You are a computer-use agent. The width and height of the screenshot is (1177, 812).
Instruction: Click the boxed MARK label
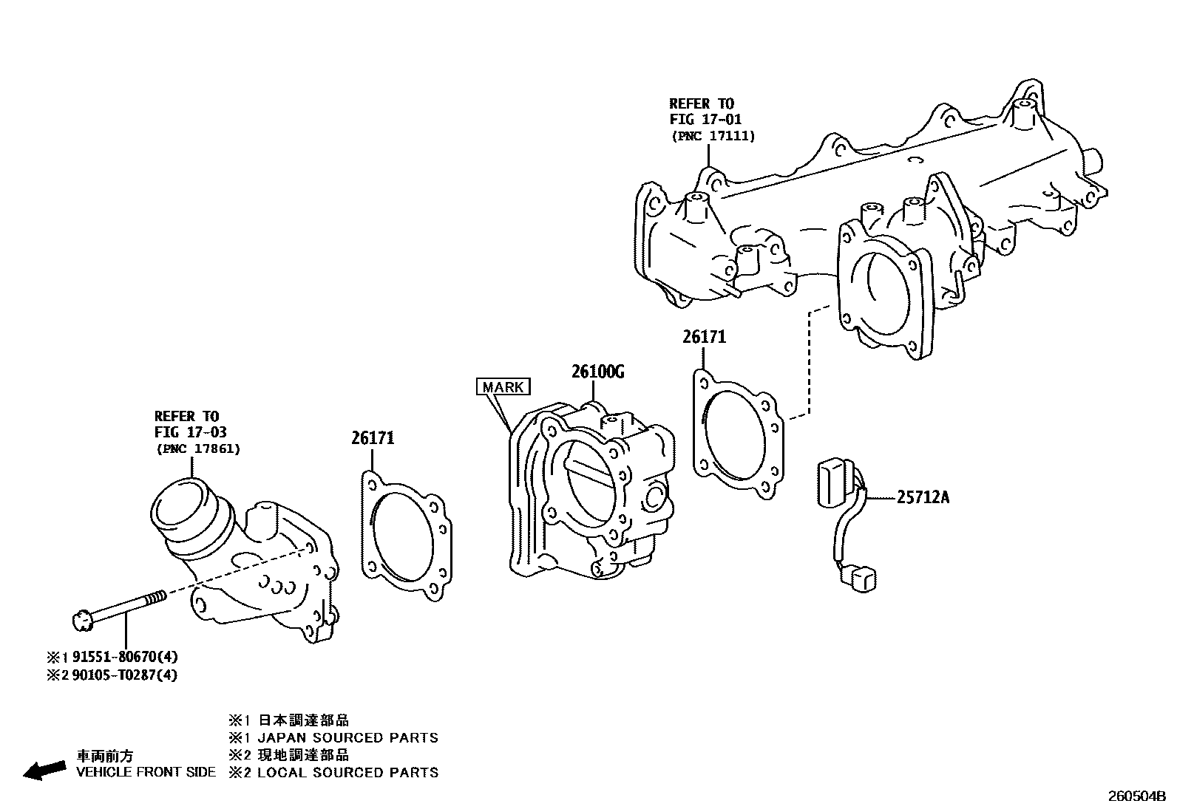tap(503, 387)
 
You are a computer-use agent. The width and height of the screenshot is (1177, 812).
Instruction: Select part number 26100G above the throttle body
tap(597, 372)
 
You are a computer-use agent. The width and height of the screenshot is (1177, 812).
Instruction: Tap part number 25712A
tap(923, 497)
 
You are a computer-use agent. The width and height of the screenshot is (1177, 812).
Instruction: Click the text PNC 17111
tap(713, 136)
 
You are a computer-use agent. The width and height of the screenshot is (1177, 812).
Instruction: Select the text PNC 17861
tap(198, 448)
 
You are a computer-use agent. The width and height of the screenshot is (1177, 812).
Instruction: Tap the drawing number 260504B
tap(1136, 797)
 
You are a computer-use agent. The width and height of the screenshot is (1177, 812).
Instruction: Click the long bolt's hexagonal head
tap(82, 620)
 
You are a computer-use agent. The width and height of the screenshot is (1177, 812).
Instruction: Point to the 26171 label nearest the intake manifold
tap(704, 337)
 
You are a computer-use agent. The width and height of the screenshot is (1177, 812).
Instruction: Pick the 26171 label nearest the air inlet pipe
tap(373, 438)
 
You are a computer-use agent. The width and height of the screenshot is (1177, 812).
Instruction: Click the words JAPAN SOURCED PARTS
tap(347, 737)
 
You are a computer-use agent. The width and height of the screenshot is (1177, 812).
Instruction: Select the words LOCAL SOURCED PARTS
tap(347, 772)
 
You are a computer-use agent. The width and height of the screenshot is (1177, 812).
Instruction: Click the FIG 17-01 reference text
tap(705, 119)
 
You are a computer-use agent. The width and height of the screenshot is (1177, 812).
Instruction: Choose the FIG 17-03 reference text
tap(190, 432)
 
